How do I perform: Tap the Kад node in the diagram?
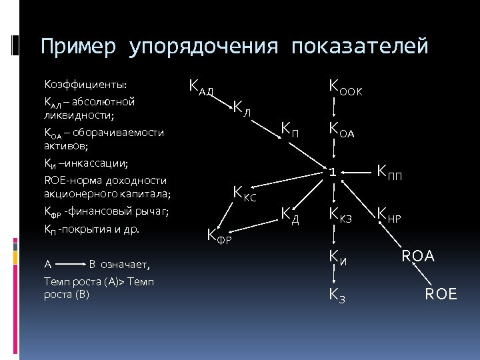[x=201, y=87]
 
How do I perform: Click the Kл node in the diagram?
[x=241, y=107]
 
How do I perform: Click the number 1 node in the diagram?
[x=331, y=171]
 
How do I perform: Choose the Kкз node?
[x=341, y=215]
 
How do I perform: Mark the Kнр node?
[x=389, y=215]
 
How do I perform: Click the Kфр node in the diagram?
[x=219, y=235]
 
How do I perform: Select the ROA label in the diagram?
[x=417, y=255]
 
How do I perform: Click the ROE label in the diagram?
[x=441, y=293]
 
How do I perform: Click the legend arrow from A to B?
[x=71, y=264]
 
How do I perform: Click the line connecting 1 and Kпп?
[x=357, y=172]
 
